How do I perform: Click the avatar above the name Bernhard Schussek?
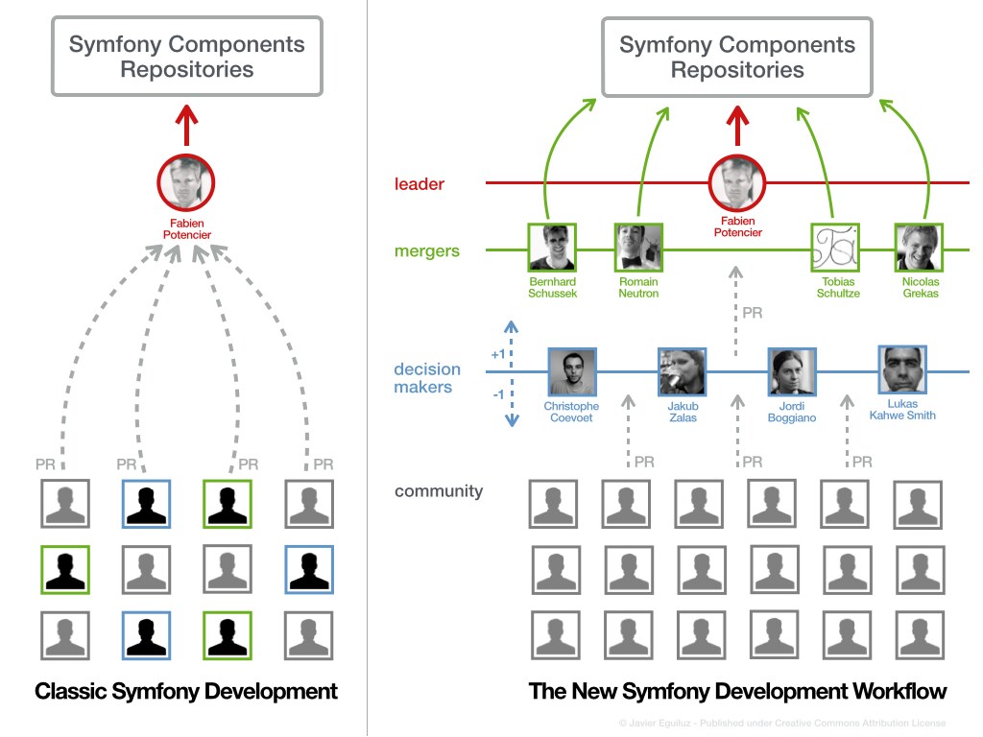coord(552,248)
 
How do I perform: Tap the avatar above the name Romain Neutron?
coord(638,248)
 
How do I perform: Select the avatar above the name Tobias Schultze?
coord(834,248)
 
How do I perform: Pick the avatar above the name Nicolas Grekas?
coord(920,248)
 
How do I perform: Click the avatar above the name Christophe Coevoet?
coord(572,372)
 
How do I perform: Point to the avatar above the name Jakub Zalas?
coord(683,372)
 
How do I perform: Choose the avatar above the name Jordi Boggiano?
coord(792,372)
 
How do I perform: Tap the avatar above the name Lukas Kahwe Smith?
coord(902,370)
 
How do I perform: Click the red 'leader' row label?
coord(420,184)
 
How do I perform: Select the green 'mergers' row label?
coord(427,251)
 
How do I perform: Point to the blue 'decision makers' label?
coord(427,378)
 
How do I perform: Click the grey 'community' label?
coord(439,491)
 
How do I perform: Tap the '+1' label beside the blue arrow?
coord(498,354)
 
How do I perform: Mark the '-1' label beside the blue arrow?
coord(498,394)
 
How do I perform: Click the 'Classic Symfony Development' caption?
coord(186,691)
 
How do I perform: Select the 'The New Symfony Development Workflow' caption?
coord(737,691)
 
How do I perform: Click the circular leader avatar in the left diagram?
coord(186,182)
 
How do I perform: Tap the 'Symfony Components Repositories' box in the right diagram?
coord(737,58)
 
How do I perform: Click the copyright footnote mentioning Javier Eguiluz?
coord(782,723)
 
